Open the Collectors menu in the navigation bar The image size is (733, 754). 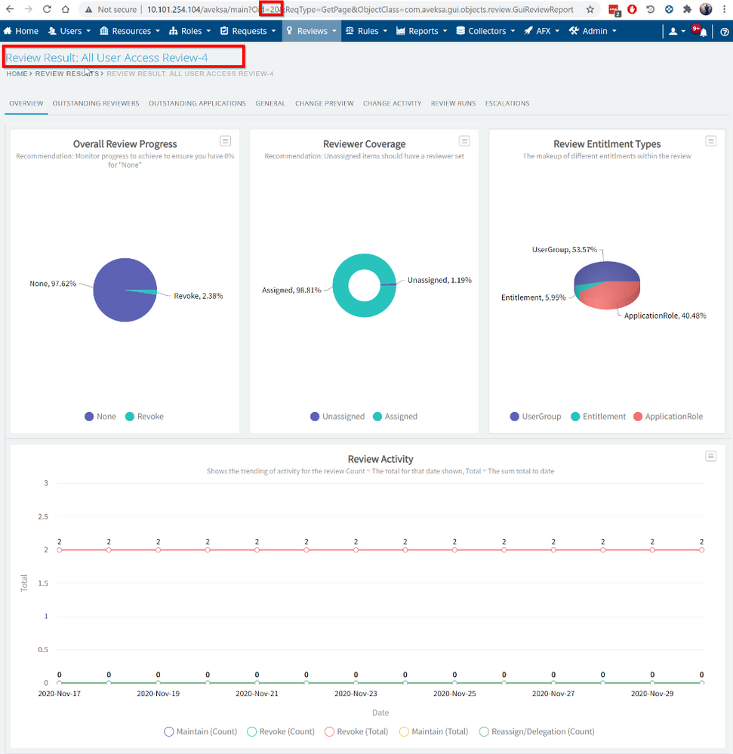tap(486, 31)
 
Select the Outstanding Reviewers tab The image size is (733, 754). tap(96, 103)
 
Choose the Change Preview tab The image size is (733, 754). tap(324, 103)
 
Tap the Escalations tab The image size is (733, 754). tap(507, 103)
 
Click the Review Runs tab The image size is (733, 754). tap(453, 103)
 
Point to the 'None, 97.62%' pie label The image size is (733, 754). tap(53, 284)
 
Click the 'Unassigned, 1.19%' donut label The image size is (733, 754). tap(439, 280)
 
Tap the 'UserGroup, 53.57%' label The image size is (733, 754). tap(566, 249)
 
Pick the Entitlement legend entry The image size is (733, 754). tap(597, 417)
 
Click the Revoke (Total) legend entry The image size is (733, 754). tap(360, 731)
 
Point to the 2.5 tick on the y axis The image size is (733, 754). tap(43, 516)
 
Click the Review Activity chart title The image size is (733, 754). tap(380, 459)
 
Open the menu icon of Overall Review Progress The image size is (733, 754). tap(225, 141)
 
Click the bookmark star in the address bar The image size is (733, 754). tap(590, 10)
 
